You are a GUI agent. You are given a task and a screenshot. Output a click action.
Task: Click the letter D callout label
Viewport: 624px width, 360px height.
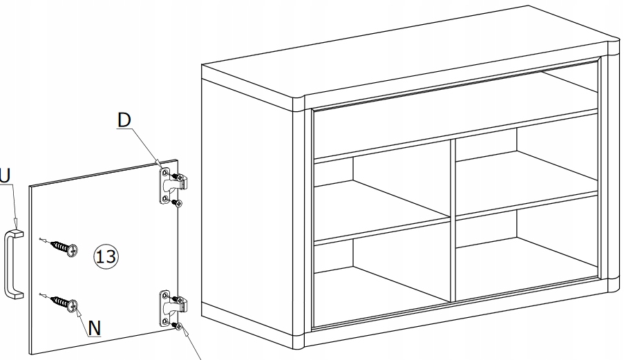124,120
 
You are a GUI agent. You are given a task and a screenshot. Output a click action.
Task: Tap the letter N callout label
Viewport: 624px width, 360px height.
94,329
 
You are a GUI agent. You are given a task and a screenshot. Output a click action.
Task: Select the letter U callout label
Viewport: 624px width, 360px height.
5,176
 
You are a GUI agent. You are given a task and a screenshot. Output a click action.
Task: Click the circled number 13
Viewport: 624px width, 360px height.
106,256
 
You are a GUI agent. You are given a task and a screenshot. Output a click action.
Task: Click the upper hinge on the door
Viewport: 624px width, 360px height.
172,185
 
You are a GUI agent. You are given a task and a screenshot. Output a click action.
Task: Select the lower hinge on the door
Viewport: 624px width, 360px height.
172,308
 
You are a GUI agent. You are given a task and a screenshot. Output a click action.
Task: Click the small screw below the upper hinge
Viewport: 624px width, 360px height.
177,204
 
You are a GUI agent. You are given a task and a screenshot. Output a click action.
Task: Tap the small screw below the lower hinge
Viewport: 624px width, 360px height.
177,326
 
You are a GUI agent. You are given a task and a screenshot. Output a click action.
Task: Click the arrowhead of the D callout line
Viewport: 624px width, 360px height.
160,164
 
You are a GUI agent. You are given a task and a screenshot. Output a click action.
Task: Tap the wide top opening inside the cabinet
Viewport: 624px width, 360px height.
455,115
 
